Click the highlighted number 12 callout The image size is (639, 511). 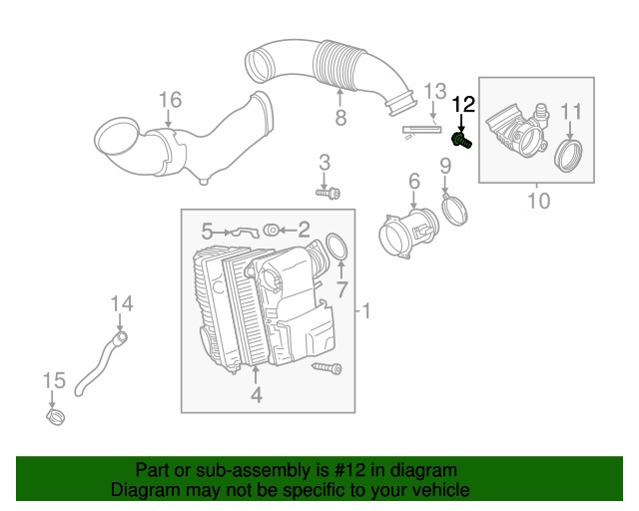(464, 104)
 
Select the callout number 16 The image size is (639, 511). (170, 100)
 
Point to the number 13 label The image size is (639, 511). (432, 92)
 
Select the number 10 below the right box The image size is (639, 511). (538, 201)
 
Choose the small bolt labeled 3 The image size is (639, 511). (327, 192)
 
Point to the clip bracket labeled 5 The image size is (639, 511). (241, 233)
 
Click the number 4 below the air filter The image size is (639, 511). (256, 396)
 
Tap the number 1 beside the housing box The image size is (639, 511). (365, 312)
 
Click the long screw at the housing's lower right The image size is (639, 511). (327, 369)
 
